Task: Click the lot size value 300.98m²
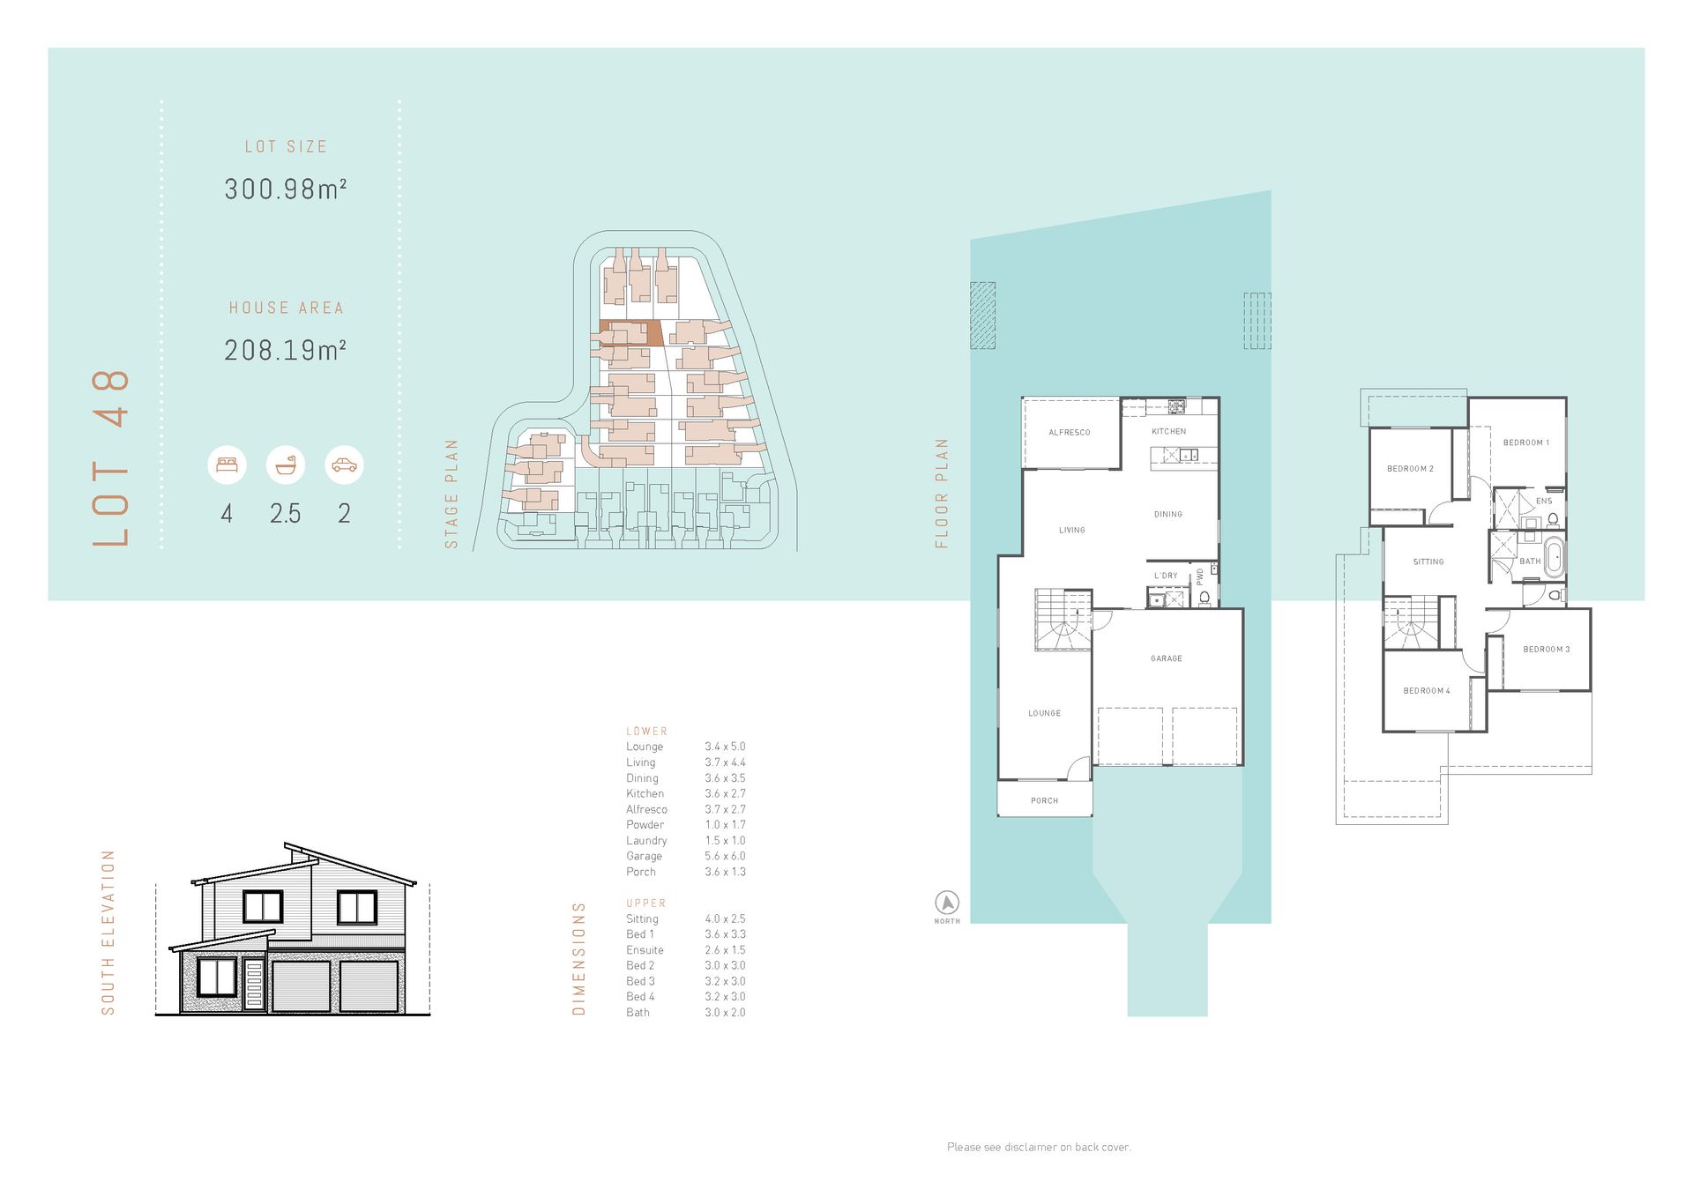click(x=286, y=189)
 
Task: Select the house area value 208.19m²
click(x=286, y=350)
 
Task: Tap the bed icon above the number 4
click(x=227, y=465)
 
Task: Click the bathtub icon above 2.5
click(x=286, y=465)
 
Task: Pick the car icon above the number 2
click(x=344, y=465)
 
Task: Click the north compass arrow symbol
click(x=947, y=903)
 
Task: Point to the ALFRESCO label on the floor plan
click(x=1070, y=433)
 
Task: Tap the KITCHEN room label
click(x=1169, y=431)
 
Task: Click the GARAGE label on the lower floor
click(x=1167, y=658)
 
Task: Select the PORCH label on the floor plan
click(x=1045, y=801)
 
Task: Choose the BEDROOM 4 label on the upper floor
click(x=1427, y=691)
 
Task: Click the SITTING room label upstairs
click(x=1428, y=561)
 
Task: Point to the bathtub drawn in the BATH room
click(x=1555, y=560)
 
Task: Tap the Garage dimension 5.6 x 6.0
click(x=725, y=856)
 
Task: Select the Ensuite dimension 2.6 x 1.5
click(x=725, y=950)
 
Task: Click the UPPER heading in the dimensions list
click(x=646, y=903)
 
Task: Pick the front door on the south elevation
click(x=254, y=985)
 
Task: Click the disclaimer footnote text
click(x=1039, y=1147)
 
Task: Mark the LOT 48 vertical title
click(x=112, y=458)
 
